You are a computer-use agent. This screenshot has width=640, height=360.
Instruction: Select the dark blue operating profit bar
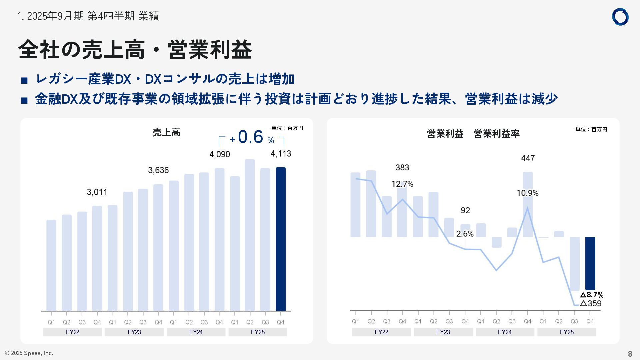(x=590, y=263)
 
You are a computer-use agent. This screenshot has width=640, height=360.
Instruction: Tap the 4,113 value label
(x=281, y=154)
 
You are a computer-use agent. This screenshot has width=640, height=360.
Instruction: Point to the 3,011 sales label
(x=97, y=192)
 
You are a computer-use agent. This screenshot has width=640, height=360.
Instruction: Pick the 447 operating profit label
(x=528, y=158)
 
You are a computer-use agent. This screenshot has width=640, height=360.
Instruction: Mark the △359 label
(x=591, y=303)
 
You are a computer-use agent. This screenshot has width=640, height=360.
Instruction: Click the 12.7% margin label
(x=402, y=184)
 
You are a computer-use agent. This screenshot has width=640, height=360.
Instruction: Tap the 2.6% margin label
(x=465, y=234)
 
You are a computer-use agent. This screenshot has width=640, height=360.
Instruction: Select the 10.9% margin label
(x=527, y=193)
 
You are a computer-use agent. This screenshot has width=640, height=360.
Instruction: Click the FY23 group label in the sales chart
(x=134, y=332)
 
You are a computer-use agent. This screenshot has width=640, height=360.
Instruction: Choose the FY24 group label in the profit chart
(x=505, y=332)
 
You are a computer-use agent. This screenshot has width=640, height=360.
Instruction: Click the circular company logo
(x=620, y=17)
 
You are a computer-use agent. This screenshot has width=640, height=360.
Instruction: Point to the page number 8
(x=630, y=354)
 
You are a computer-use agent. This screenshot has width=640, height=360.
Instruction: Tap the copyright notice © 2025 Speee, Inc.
(x=29, y=353)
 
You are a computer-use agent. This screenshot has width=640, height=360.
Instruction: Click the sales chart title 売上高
(x=166, y=133)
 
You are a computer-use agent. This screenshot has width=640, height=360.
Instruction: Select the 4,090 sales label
(x=219, y=154)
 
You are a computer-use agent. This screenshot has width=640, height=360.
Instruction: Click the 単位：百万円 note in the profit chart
(x=591, y=129)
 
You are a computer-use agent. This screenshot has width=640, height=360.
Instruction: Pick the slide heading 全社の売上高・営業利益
(x=135, y=50)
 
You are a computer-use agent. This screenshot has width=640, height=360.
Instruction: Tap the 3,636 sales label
(x=158, y=170)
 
